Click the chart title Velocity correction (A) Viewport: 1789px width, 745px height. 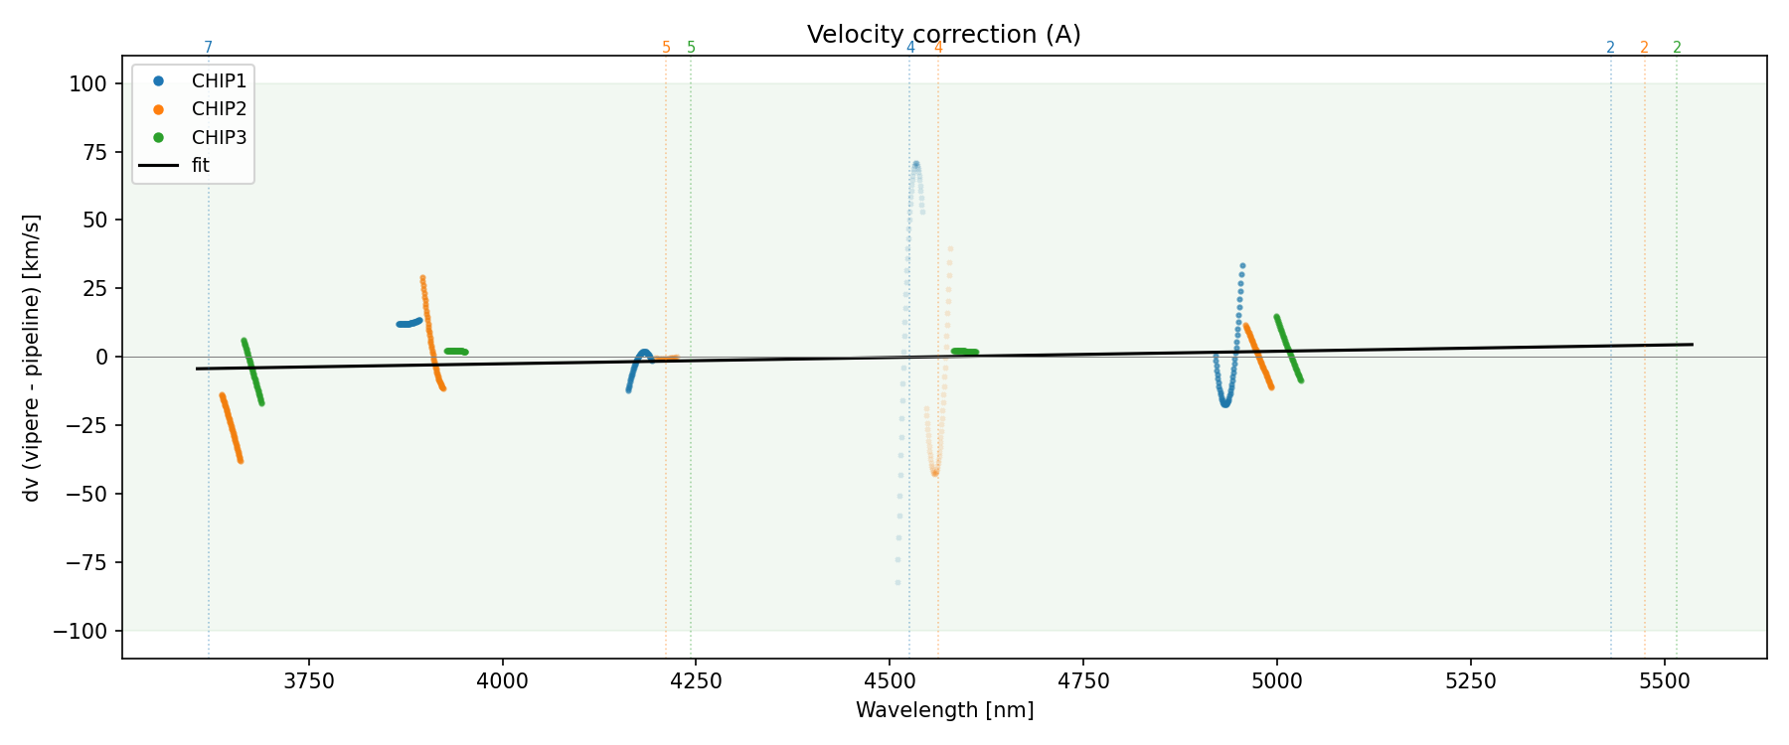pos(943,35)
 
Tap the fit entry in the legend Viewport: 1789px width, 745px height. pos(201,165)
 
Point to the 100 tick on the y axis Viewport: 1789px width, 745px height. pos(87,84)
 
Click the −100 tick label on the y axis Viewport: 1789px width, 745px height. pos(81,631)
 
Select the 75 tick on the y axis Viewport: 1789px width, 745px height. pos(92,152)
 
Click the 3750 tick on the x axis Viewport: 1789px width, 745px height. pos(309,681)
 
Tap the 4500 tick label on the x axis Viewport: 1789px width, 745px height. pos(890,681)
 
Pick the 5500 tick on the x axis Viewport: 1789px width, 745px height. pos(1664,681)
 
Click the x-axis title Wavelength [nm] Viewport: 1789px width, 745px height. pos(944,710)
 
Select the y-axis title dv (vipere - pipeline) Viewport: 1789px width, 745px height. pos(32,358)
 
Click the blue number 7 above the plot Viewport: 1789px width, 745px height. pos(208,48)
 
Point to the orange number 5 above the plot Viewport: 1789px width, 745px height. pos(666,48)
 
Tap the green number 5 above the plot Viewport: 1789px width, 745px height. pos(691,48)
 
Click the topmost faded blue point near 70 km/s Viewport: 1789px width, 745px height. pos(915,164)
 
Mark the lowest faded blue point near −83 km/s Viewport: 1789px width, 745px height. pos(897,583)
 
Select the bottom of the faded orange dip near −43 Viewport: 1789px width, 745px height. pos(934,473)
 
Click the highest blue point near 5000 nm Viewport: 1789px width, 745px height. pos(1242,266)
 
